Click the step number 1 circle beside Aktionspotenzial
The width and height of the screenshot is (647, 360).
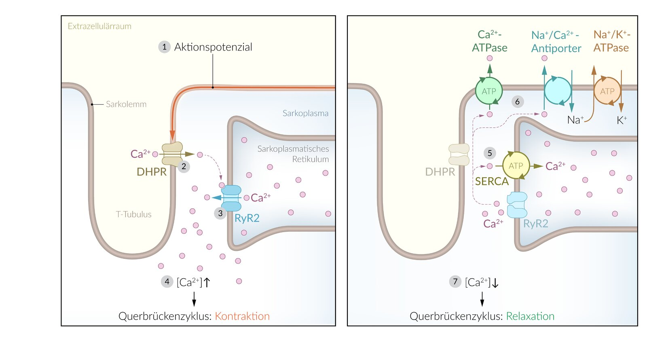coord(164,47)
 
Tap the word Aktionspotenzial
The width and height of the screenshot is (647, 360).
coord(213,47)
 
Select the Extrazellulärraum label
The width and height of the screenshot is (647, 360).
coord(99,26)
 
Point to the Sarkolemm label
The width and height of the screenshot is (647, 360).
coord(126,104)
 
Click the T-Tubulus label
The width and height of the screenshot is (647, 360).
coord(133,214)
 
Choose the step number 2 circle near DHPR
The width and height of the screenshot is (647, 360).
coord(184,166)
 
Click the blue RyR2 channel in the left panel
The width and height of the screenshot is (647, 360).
coord(231,198)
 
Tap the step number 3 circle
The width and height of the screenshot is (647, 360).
coord(220,213)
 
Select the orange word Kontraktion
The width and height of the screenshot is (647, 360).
coord(242,316)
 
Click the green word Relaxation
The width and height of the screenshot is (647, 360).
coord(530,316)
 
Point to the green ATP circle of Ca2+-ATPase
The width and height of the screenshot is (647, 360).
coord(489,91)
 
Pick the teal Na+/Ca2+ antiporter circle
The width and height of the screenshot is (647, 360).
coord(558,91)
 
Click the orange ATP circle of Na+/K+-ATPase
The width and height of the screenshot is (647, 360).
coord(607,91)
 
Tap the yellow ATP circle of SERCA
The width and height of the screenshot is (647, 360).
coord(516,166)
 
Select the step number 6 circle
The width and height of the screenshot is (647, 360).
coord(517,102)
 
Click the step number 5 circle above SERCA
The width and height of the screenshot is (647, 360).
coord(490,153)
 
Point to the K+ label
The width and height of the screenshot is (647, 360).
coord(622,120)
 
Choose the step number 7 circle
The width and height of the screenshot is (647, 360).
coord(455,282)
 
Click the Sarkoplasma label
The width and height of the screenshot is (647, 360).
coord(305,113)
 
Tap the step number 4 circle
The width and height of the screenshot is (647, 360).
coord(167,282)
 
